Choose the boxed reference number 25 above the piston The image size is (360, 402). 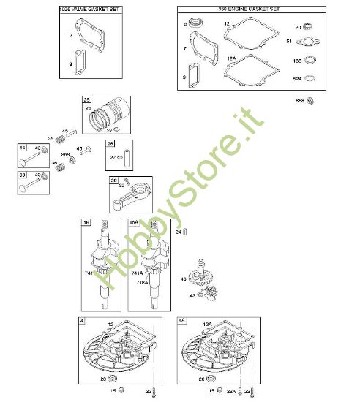86,99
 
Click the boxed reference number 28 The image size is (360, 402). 110,144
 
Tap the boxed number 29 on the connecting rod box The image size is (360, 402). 113,179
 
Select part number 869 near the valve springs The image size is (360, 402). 65,155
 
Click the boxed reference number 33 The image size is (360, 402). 23,175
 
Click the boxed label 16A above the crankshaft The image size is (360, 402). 134,221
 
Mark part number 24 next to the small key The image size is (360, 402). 178,232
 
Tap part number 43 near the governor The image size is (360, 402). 192,295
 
